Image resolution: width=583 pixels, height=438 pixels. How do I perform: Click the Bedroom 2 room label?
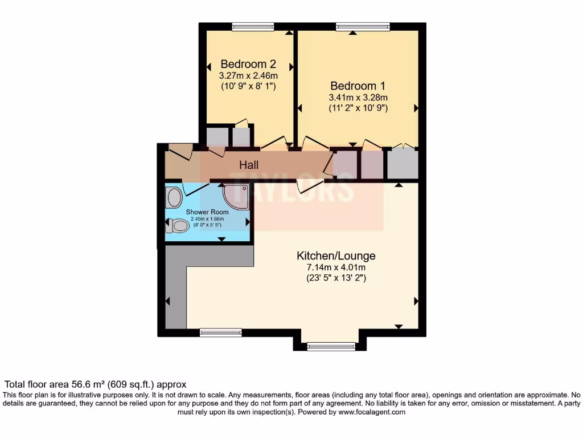coord(248,64)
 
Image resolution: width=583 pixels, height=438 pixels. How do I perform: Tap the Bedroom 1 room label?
coord(358,86)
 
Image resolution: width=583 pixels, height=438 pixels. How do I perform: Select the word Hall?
coord(249,165)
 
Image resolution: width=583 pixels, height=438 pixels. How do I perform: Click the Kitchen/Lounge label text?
coord(336,255)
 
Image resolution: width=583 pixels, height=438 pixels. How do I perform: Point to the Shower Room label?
coord(207,212)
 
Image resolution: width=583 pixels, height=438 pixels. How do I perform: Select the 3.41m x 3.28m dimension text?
coord(358,98)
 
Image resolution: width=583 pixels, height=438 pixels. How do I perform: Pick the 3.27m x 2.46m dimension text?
coord(248,75)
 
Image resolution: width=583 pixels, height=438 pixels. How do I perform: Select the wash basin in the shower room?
coord(174,198)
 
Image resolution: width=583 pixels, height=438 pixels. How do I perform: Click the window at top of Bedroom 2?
coord(253,26)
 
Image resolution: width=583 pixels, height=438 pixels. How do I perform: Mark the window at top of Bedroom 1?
coord(363,26)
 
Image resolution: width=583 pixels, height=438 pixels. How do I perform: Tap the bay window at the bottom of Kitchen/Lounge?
coord(331,346)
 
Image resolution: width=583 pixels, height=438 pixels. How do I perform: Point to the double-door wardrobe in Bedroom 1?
coord(403,163)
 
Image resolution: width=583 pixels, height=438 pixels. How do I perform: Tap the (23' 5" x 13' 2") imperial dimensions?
coord(336,278)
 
